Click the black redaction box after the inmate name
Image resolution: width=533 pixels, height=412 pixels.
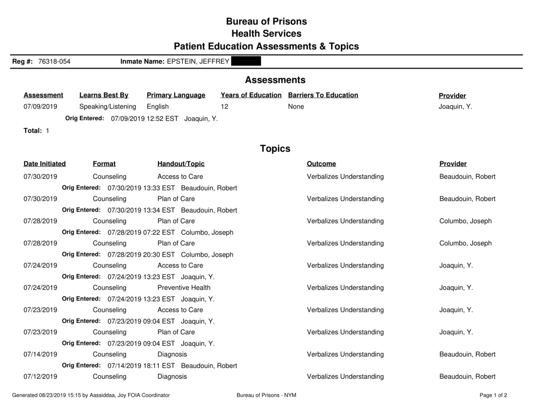[x=245, y=62]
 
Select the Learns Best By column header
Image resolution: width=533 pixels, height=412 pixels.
[x=104, y=95]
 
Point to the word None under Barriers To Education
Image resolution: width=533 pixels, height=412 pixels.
[x=296, y=107]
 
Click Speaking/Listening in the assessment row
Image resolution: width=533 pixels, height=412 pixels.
[x=108, y=107]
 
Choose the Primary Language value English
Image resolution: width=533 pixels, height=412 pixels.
[x=157, y=107]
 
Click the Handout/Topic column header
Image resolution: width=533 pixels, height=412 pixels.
[x=181, y=164]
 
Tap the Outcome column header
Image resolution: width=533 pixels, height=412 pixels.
[x=321, y=164]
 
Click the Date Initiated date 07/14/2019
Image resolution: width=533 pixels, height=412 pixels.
[x=40, y=354]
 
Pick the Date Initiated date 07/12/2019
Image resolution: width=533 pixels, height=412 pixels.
[x=40, y=377]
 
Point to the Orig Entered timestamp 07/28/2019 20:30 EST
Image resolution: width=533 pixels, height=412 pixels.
[x=141, y=254]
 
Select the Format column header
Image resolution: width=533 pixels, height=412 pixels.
[x=104, y=164]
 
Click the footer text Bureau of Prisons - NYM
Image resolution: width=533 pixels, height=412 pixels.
[x=266, y=395]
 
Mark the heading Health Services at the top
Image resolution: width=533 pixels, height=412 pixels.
[x=266, y=34]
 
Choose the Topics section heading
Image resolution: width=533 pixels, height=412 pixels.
[x=275, y=148]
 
